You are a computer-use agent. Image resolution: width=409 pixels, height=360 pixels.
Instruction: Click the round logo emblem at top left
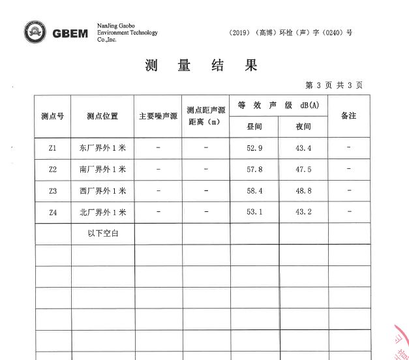36,32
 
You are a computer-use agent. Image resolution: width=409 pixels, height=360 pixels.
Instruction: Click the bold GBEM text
70,33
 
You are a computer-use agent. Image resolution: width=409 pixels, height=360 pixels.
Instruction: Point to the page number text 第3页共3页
334,85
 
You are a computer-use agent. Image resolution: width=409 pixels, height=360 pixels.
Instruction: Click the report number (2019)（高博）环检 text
291,32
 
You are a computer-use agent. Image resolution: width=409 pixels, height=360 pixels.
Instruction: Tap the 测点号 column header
52,116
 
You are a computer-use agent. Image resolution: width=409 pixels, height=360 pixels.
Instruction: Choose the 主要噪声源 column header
158,116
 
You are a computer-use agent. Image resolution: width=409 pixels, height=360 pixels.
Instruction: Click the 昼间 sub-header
254,127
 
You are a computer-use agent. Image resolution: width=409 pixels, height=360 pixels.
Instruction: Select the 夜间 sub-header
303,127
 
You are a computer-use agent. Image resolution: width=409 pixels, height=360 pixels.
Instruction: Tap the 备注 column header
348,115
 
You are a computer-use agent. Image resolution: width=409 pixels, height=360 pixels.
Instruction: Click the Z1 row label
53,148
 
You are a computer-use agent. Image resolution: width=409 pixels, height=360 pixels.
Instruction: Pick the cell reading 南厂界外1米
102,170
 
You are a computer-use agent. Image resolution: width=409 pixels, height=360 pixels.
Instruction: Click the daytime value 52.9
254,148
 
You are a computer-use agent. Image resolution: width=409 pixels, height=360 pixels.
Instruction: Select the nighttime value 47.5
303,170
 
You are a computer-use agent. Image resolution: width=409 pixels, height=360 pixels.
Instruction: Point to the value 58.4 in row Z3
254,191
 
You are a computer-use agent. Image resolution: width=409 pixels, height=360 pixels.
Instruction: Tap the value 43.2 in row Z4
303,213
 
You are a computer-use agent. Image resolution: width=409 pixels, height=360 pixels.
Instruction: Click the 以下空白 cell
102,233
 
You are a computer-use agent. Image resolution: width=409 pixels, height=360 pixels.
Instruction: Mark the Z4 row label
53,213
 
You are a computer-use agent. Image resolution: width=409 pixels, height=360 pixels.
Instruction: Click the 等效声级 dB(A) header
279,106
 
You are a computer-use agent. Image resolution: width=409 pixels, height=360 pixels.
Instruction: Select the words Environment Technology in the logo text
127,33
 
